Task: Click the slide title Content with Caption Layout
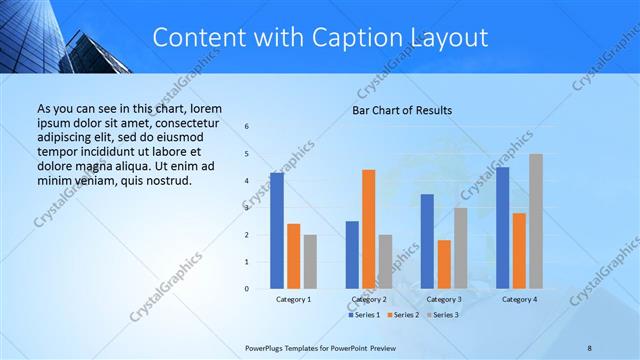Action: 320,37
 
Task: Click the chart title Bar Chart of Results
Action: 402,110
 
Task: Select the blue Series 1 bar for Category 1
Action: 276,231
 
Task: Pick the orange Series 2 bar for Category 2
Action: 368,229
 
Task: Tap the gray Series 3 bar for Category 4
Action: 536,221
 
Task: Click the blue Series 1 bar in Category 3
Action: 427,241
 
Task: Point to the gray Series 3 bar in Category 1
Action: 310,262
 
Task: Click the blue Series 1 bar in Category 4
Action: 503,228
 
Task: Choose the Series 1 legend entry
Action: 365,315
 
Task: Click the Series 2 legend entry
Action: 403,315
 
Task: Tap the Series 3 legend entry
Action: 442,315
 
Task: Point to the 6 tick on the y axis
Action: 247,127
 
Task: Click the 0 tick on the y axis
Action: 247,289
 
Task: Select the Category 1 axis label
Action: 293,299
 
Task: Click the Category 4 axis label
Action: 519,299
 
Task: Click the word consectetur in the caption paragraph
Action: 186,120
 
